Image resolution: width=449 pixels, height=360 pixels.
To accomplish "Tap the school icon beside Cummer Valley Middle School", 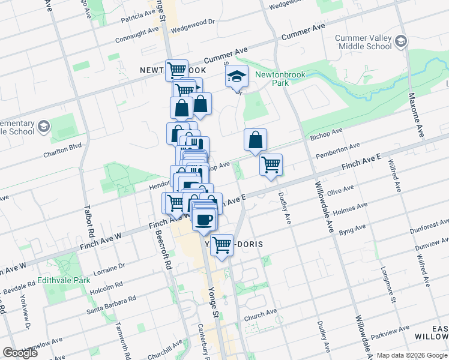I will pos(402,41).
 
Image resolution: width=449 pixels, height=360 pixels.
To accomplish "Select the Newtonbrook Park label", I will pos(280,79).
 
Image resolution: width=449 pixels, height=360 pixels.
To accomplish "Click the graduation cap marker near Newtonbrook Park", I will pos(237,77).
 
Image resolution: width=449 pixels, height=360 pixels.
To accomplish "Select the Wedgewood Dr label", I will pos(192,26).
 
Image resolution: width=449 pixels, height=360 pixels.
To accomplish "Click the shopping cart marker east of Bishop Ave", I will pos(271,164).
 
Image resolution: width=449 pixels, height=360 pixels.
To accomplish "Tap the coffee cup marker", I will pos(205,219).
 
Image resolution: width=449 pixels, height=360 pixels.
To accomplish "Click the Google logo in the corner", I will pos(20,353).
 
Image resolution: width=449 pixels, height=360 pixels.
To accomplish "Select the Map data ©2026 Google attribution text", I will pos(412,355).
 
